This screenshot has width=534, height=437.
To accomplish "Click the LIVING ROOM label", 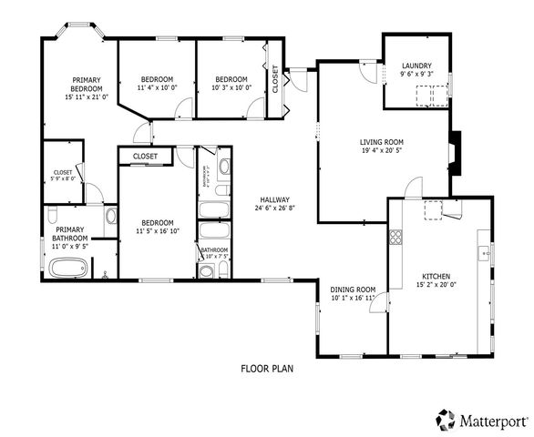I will (x=381, y=142).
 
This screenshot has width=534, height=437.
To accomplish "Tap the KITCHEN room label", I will (x=435, y=277).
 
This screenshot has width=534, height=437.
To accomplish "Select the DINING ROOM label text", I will (x=352, y=289).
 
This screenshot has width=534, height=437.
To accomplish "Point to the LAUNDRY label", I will (x=416, y=66).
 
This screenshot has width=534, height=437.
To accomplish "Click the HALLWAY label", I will (x=273, y=199).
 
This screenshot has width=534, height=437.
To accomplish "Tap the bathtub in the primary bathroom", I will (x=68, y=269).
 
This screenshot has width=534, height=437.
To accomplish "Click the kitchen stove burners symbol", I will (x=396, y=239).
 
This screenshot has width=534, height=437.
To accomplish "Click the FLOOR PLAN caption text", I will (x=266, y=369).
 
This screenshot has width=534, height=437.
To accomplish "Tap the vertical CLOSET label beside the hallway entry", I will (x=275, y=79).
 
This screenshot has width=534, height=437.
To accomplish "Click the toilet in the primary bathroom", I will (x=51, y=215).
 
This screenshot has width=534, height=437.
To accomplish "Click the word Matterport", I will (x=491, y=421).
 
